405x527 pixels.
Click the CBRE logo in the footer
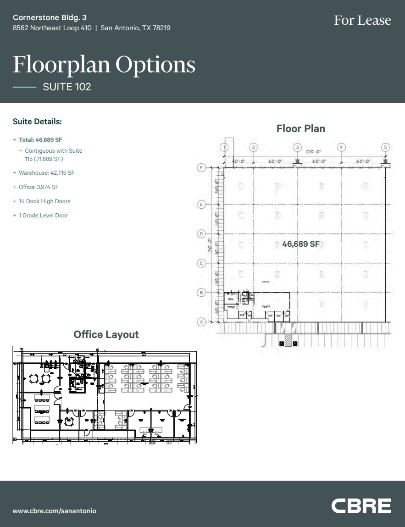tap(361, 506)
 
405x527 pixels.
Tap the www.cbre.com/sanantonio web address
tap(55, 511)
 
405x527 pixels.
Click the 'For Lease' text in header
tap(362, 20)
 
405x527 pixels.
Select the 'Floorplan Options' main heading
tap(104, 65)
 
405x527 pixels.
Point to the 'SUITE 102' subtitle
tap(67, 87)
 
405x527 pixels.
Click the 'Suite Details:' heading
tap(37, 122)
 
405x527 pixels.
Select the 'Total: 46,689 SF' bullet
tap(40, 139)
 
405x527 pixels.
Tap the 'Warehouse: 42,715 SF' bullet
tap(46, 173)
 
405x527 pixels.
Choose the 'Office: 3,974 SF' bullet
tap(39, 187)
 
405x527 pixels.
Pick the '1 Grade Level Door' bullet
tap(43, 216)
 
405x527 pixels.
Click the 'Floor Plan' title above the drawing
tap(300, 129)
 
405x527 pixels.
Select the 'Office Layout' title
tap(106, 335)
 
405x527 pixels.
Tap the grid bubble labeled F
tap(201, 167)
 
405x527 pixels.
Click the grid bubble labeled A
tap(201, 322)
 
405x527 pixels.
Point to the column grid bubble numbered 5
tap(385, 147)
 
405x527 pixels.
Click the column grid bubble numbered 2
tap(253, 147)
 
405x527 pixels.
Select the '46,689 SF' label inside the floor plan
tap(301, 244)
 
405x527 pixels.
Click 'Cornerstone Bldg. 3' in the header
tap(50, 17)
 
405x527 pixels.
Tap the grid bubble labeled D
tap(201, 234)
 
